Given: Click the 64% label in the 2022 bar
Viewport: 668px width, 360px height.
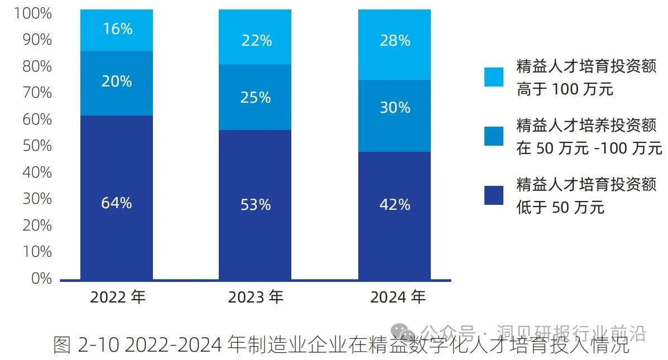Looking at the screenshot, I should click(117, 203).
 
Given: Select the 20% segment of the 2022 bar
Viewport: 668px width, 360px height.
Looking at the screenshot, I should click(117, 83).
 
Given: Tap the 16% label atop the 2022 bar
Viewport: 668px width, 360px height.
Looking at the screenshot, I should click(117, 29).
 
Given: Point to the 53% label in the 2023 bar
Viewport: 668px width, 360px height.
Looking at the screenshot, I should click(256, 205).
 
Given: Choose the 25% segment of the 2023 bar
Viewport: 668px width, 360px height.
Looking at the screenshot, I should click(256, 97).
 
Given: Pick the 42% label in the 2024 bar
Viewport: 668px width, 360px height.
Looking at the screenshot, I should click(395, 205).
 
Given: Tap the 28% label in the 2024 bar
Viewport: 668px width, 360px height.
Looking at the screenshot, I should click(395, 40).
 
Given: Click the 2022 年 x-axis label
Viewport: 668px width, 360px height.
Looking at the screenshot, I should click(118, 297).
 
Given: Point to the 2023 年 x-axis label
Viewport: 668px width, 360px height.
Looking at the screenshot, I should click(256, 297).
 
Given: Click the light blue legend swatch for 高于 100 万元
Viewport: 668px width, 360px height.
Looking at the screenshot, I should click(494, 77).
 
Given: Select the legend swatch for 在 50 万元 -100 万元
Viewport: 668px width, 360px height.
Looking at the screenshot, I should click(494, 136).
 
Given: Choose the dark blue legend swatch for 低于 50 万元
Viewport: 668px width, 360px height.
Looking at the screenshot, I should click(494, 195).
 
